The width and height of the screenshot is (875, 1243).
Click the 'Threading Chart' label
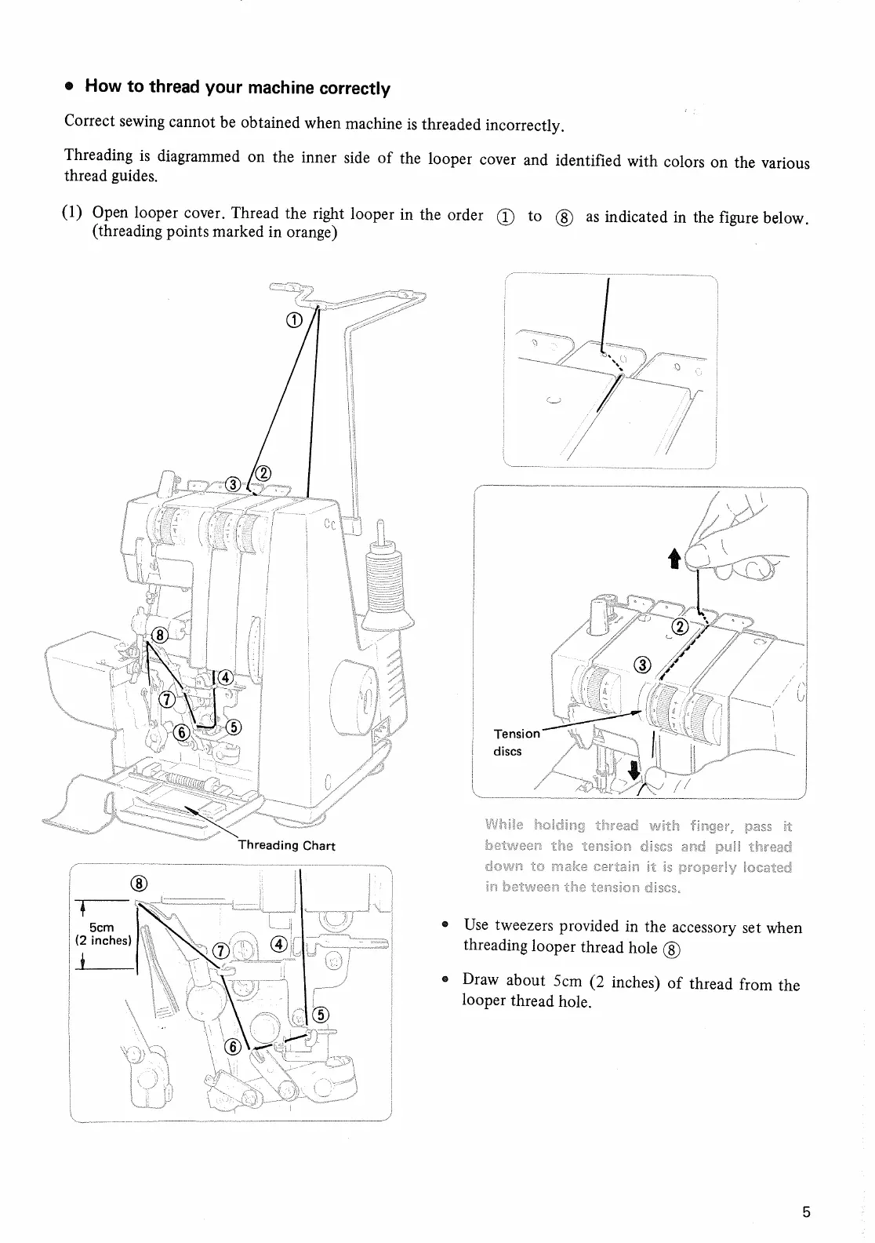(287, 845)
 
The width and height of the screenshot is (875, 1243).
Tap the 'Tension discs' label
(516, 742)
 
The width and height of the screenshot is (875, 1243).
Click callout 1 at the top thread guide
(293, 319)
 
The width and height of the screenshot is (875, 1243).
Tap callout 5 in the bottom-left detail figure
(320, 1015)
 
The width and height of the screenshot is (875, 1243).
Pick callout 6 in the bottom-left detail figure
(232, 1047)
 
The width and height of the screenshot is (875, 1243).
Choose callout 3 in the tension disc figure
(642, 665)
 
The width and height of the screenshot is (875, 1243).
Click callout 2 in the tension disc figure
(680, 625)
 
